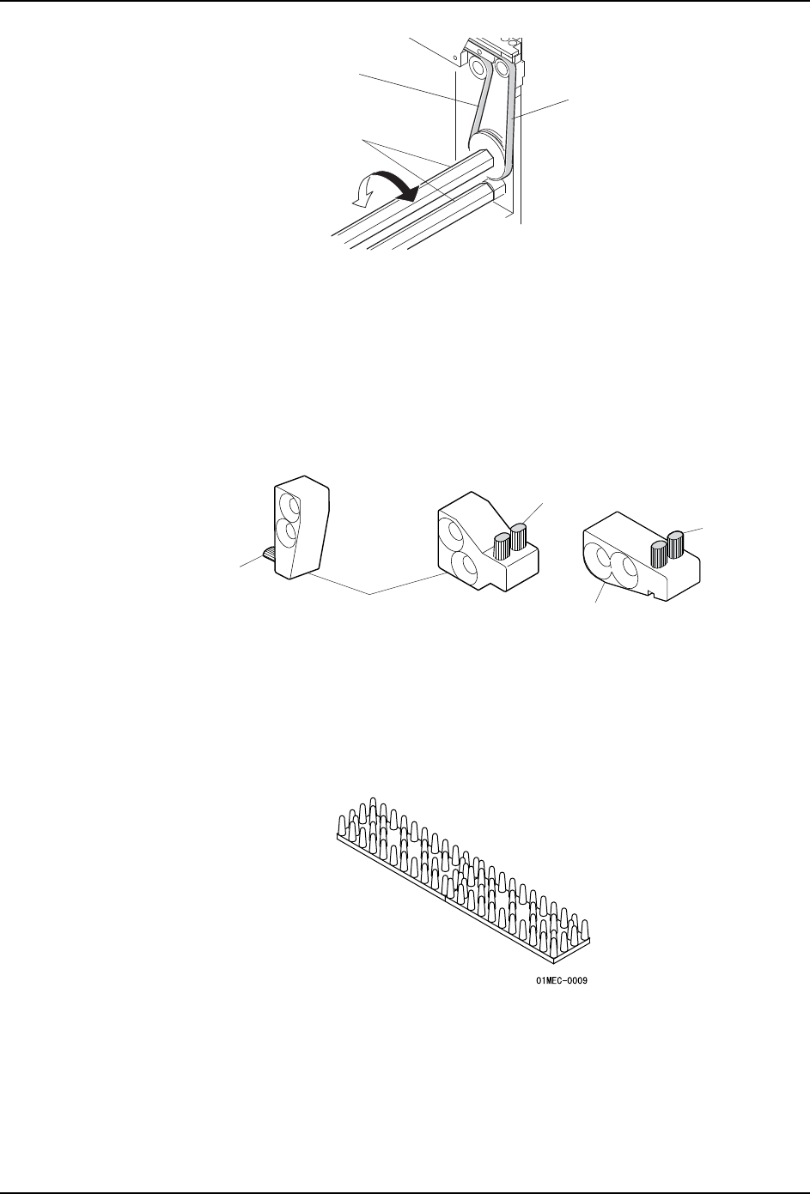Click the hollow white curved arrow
[363, 193]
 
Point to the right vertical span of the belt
[510, 112]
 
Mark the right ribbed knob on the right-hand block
[675, 543]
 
